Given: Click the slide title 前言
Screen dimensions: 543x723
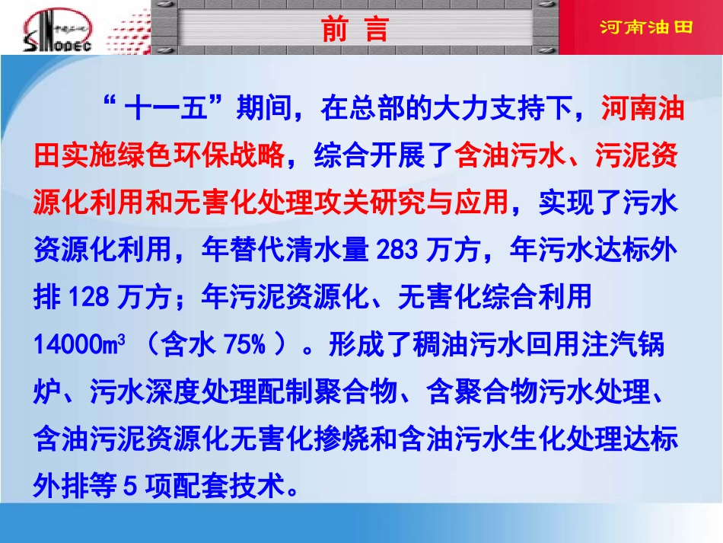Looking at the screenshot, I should [x=355, y=29].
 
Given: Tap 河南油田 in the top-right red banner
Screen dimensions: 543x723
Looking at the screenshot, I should [x=646, y=28].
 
